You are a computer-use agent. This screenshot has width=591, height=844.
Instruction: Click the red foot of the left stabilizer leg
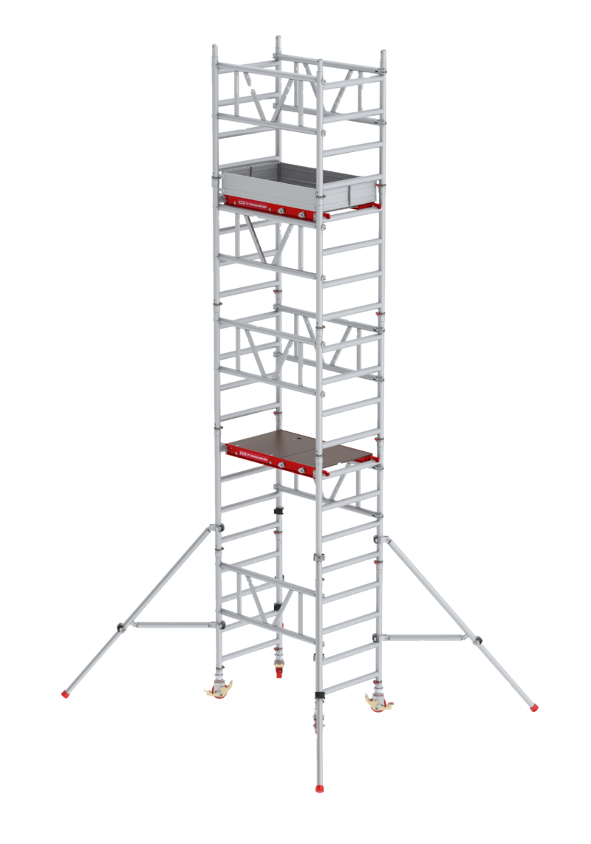(x=67, y=694)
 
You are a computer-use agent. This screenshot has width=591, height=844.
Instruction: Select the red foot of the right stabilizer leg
(x=534, y=708)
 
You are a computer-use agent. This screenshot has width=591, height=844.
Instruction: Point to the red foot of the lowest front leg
(x=319, y=790)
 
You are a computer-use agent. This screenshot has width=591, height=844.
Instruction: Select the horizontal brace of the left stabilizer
(x=170, y=625)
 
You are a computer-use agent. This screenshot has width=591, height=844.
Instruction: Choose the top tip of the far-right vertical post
(x=383, y=54)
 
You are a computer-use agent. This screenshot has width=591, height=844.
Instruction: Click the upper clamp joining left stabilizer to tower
(x=218, y=526)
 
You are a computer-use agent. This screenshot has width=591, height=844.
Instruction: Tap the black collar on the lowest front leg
(x=319, y=697)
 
